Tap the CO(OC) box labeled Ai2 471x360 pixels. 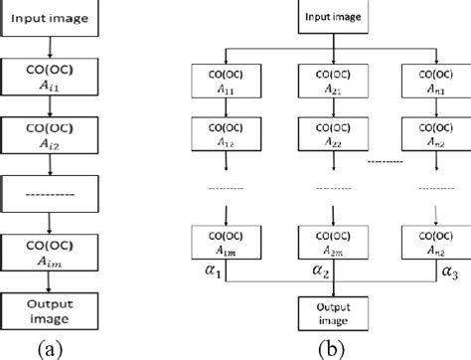[48, 137]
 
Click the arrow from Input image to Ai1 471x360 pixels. [48, 50]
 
